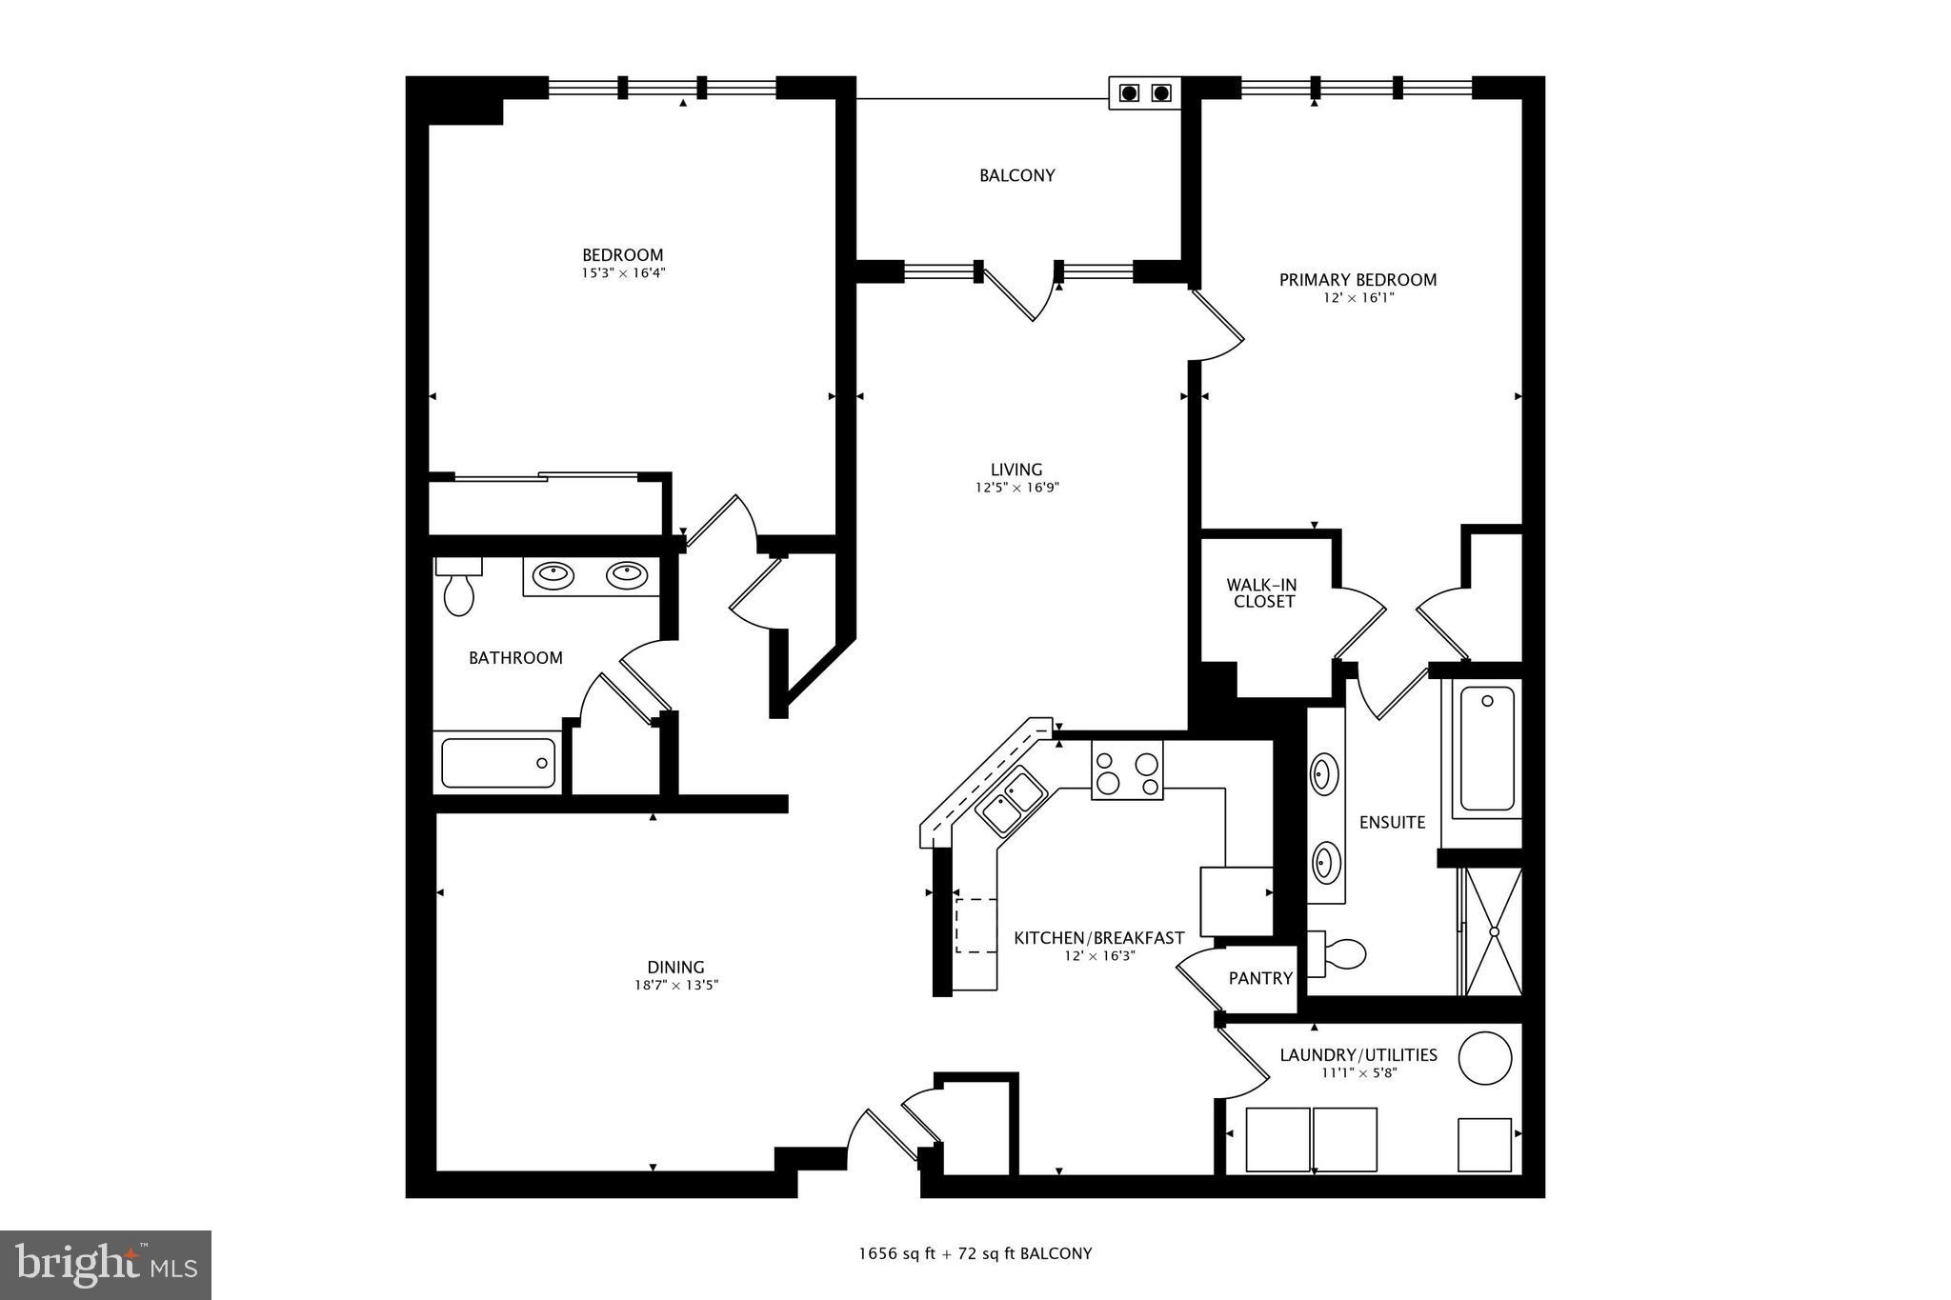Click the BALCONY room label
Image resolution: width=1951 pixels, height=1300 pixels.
pos(1016,175)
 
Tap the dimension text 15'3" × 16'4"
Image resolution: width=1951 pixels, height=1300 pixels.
pos(623,273)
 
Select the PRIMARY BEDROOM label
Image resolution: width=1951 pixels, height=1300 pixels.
pos(1357,280)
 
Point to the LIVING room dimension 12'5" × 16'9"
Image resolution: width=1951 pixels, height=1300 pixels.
pos(1016,488)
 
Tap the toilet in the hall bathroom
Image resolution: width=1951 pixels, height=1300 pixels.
pos(458,589)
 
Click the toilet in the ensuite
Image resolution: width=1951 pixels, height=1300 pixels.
pos(1338,953)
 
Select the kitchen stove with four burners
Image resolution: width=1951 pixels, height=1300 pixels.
pos(1127,770)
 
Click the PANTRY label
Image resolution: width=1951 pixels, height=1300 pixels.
pos(1259,978)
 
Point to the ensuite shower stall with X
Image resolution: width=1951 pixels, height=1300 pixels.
pos(1493,931)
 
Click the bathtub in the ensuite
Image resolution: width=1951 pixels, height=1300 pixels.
pos(1486,749)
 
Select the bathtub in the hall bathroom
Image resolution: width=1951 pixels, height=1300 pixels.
pos(498,763)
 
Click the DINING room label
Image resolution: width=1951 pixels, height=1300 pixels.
pos(675,968)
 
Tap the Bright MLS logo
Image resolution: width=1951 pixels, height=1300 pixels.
pos(106,1265)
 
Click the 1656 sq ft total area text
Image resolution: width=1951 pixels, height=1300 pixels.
pos(895,1253)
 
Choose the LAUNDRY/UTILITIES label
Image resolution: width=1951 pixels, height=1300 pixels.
pos(1358,1055)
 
